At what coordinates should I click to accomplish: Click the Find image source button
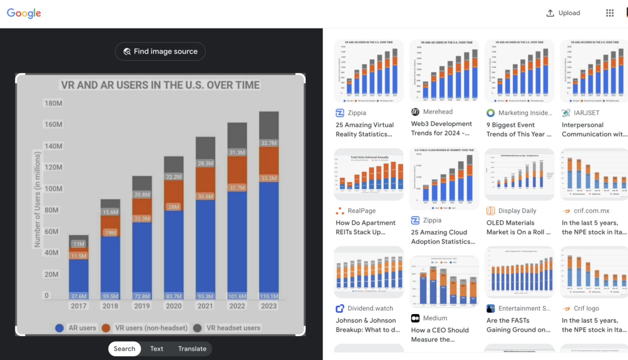(x=160, y=51)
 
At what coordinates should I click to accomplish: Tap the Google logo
(x=24, y=13)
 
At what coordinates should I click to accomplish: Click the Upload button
(x=563, y=13)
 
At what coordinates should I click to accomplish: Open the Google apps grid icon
(x=610, y=13)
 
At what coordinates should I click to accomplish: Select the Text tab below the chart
(x=157, y=349)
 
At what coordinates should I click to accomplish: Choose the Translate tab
(x=192, y=349)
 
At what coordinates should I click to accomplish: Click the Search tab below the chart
(x=125, y=349)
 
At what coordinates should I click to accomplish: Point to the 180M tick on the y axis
(x=53, y=103)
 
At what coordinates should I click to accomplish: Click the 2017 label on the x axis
(x=78, y=306)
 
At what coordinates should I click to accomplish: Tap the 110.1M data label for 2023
(x=268, y=296)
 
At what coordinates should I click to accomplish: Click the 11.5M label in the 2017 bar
(x=78, y=256)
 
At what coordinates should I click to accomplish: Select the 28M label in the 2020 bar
(x=174, y=206)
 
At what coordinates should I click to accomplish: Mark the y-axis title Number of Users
(x=37, y=199)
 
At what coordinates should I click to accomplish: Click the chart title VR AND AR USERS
(x=160, y=85)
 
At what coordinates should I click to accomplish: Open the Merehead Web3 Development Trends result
(x=442, y=129)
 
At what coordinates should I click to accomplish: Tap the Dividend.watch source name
(x=370, y=309)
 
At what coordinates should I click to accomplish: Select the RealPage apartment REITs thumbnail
(x=368, y=175)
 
